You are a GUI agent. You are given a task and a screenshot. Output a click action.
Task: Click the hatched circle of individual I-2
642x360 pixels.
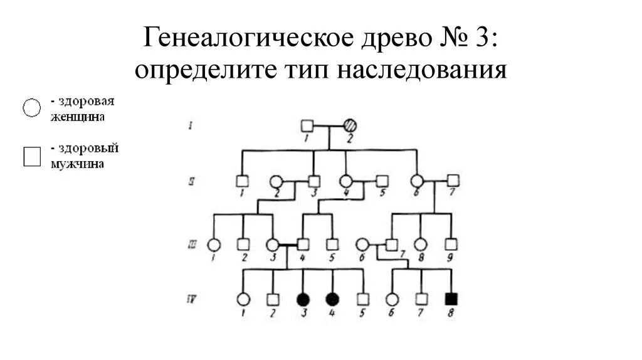click(350, 125)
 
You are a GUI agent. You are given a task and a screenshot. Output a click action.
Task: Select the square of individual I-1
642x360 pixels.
click(307, 125)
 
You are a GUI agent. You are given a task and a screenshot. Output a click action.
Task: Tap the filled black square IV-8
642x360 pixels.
click(451, 299)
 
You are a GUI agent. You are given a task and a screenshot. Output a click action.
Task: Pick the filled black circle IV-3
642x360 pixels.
click(303, 299)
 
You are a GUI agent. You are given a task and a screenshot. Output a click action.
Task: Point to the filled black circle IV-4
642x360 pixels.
click(332, 299)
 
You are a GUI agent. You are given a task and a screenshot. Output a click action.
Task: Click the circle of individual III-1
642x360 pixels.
click(214, 245)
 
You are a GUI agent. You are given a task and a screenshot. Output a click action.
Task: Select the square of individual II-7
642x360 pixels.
click(453, 181)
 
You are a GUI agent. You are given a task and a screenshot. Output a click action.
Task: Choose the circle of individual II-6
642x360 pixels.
click(416, 181)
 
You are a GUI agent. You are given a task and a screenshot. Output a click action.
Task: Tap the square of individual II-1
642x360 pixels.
click(243, 181)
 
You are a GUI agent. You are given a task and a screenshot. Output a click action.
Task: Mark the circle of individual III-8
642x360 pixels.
click(421, 245)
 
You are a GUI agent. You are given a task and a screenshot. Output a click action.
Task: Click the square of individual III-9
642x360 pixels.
click(450, 245)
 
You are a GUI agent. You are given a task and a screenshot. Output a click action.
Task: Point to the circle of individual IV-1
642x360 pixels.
click(243, 299)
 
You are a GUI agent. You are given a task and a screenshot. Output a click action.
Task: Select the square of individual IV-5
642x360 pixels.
click(362, 299)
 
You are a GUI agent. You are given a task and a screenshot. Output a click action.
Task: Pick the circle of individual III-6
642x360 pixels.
click(362, 245)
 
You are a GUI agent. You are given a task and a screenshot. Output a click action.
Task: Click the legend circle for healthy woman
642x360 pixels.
click(31, 108)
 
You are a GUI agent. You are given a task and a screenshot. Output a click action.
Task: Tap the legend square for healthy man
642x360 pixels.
click(31, 156)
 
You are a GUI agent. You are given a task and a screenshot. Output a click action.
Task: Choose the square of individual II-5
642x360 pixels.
click(382, 181)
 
